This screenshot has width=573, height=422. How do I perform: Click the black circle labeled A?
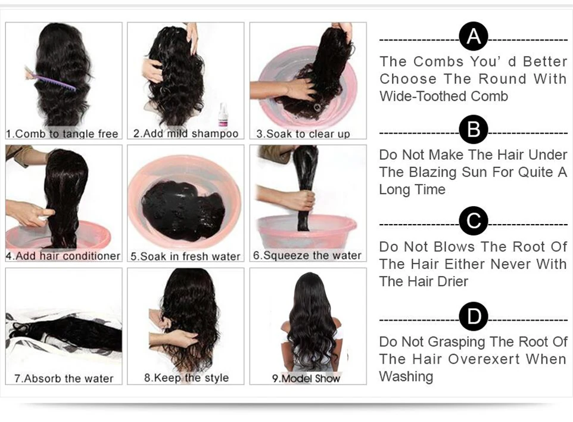[x=474, y=38]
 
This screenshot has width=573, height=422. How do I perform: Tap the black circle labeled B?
[x=474, y=130]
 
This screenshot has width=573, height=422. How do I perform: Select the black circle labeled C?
[x=474, y=222]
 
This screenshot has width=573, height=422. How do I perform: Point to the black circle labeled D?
[x=474, y=316]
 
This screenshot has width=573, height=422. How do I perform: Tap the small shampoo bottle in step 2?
[x=223, y=115]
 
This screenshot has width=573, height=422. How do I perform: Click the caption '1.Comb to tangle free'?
[x=63, y=134]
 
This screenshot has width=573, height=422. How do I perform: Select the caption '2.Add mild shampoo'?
[x=185, y=134]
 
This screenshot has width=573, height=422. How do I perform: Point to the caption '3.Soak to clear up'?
[x=303, y=134]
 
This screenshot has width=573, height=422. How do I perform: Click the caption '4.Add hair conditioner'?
[x=63, y=256]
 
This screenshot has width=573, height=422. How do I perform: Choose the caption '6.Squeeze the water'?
[x=307, y=256]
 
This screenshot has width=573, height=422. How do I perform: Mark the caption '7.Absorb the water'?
[x=63, y=378]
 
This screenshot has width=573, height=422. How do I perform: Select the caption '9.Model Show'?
[x=306, y=378]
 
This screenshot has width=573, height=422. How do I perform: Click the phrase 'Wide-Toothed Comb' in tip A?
[x=444, y=96]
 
